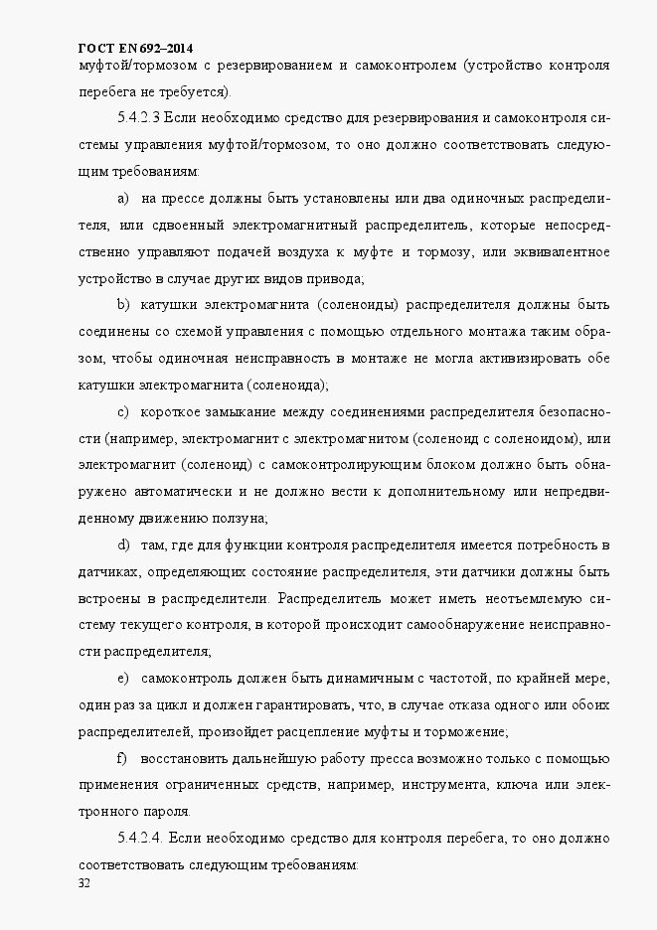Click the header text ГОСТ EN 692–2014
click(x=135, y=48)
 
